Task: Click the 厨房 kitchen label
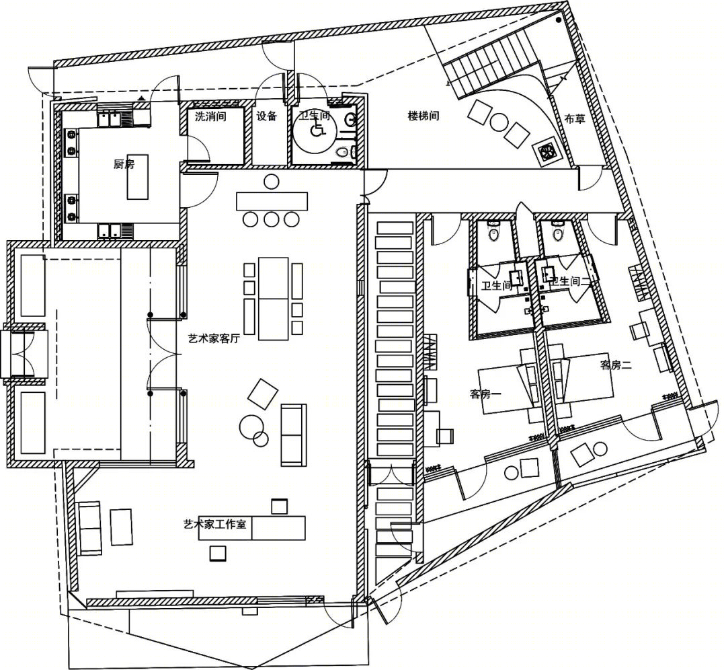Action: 124,164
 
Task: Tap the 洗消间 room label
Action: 210,116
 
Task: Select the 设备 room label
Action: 267,116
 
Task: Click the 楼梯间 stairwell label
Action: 423,116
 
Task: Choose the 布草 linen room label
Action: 575,118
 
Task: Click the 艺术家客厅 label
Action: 214,338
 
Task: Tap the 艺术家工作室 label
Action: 215,525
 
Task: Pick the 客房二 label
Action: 616,365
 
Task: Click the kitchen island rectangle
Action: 138,177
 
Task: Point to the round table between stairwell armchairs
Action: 499,122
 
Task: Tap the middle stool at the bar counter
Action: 272,219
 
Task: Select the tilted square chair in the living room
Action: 263,394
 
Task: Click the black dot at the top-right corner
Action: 559,20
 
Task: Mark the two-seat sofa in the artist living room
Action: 294,435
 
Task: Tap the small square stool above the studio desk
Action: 279,507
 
